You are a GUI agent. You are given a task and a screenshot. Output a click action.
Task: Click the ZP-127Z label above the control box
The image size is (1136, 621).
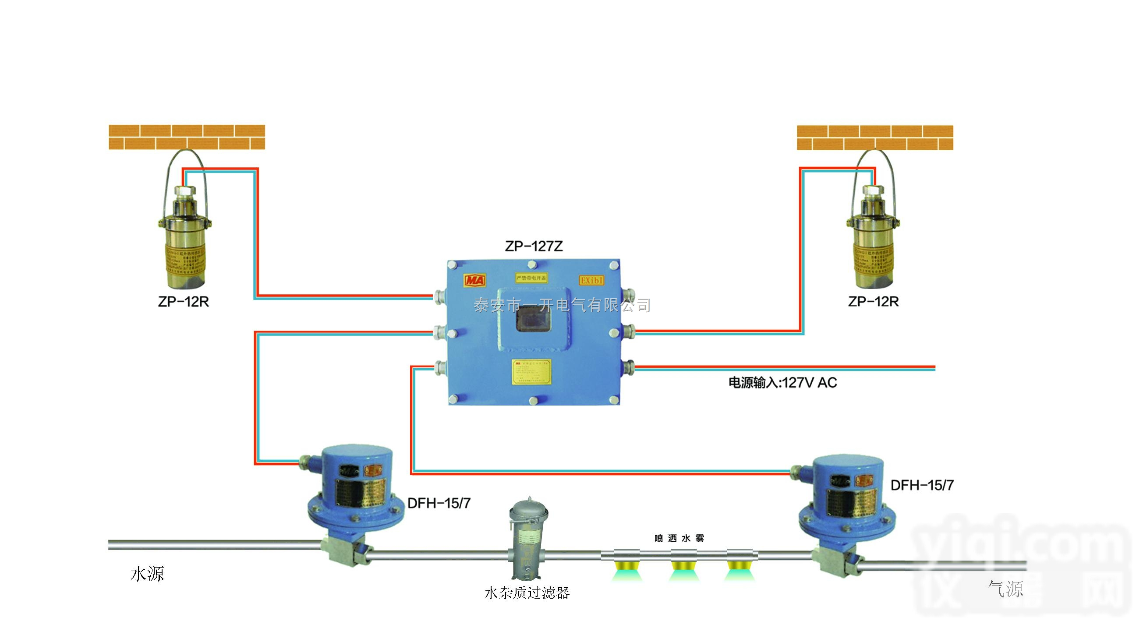[x=534, y=246]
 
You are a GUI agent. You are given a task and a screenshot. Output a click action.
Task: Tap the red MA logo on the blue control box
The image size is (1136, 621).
[x=475, y=280]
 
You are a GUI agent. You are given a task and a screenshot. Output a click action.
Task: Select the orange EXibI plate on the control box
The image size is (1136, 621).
[x=591, y=280]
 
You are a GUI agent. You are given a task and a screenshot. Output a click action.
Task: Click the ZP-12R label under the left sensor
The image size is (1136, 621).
[x=184, y=302]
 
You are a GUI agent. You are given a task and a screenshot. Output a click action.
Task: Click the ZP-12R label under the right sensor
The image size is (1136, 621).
[x=873, y=302]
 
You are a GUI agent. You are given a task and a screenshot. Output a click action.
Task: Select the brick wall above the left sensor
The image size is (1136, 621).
[x=187, y=137]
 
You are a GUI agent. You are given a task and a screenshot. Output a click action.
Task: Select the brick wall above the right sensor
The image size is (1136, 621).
[x=875, y=137]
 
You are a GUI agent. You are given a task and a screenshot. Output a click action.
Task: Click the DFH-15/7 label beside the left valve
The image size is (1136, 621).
[x=439, y=503]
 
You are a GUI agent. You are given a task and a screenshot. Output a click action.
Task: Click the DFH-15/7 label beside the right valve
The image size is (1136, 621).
[x=922, y=485]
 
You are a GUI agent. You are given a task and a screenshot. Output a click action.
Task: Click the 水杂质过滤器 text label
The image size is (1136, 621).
[x=527, y=593]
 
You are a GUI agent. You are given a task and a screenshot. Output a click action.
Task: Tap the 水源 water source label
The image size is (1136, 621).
[x=147, y=574]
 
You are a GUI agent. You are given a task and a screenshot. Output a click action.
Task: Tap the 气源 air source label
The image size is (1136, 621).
[x=1005, y=589]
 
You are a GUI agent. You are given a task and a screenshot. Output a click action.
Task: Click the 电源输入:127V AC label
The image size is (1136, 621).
[x=782, y=383]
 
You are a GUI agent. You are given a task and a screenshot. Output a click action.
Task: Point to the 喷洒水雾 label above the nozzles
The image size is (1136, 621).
[x=679, y=538]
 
